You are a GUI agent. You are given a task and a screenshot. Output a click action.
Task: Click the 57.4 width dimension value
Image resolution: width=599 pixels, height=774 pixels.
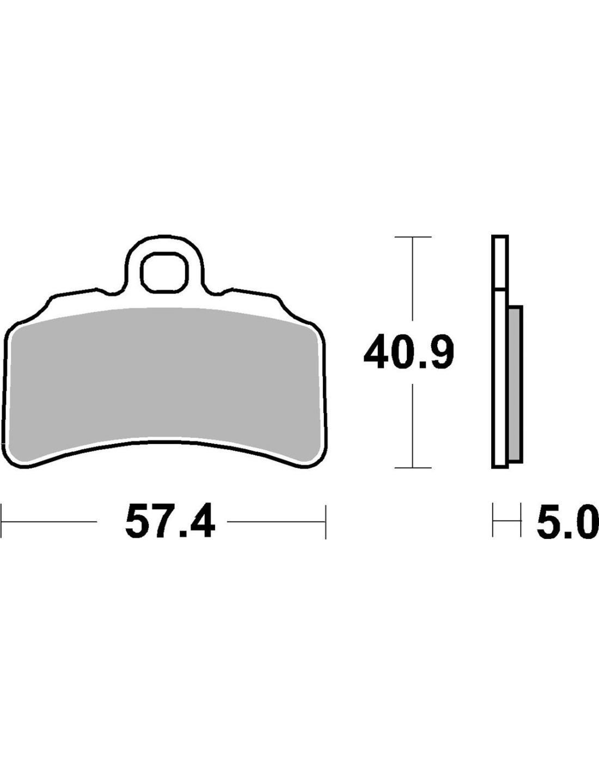[170, 523]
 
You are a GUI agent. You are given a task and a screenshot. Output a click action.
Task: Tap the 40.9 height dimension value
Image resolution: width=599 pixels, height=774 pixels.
[409, 352]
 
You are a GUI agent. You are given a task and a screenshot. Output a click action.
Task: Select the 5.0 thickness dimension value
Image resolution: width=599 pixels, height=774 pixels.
[567, 524]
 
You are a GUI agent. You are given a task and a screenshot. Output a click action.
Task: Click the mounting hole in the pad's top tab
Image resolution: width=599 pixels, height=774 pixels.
[164, 273]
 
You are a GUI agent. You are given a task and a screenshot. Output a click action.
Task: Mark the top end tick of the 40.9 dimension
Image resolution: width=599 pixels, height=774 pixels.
[413, 237]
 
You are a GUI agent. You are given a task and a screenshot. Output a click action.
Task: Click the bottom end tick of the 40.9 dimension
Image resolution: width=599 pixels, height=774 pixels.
[413, 468]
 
